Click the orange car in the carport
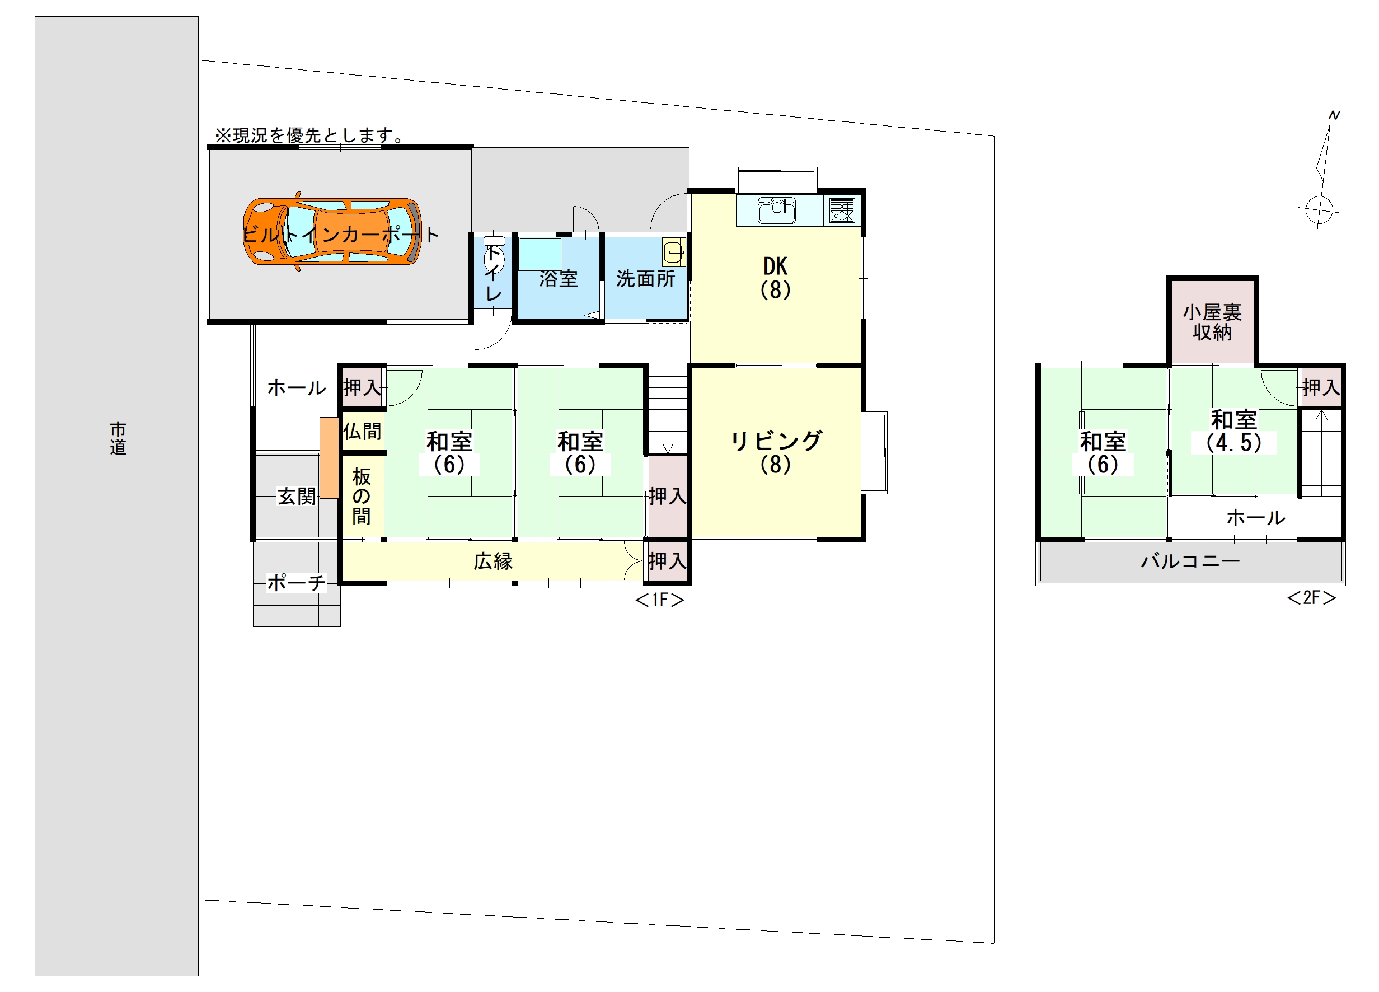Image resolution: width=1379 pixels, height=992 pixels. [332, 231]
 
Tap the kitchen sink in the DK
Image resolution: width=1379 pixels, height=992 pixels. [776, 210]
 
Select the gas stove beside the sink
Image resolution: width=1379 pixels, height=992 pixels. [842, 210]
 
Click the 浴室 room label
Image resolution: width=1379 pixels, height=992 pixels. [558, 279]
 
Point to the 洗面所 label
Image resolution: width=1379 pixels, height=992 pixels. [646, 279]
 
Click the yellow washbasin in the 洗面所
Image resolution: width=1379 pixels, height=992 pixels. [674, 252]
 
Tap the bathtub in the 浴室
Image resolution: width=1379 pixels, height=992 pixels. [540, 254]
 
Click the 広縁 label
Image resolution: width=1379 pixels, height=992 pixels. [493, 561]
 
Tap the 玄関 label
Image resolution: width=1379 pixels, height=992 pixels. [297, 497]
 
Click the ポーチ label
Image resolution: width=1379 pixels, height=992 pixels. [297, 583]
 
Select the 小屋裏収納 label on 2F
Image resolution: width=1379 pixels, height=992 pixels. [1212, 322]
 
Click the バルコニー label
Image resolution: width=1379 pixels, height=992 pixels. [1190, 561]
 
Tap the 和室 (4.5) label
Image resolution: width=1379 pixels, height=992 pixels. [1233, 431]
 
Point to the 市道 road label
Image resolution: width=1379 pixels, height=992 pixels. [118, 438]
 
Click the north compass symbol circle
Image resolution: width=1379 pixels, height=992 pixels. [1318, 211]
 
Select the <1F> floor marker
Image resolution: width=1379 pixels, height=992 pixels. [660, 600]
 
